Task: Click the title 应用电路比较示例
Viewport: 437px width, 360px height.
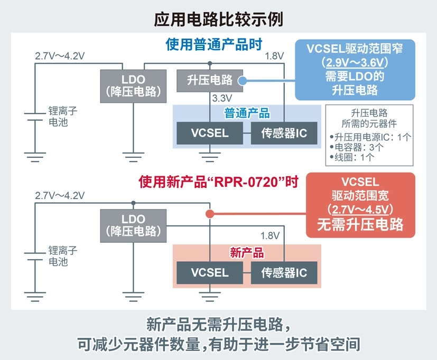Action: pos(218,19)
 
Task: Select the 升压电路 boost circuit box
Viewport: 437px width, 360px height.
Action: pos(210,80)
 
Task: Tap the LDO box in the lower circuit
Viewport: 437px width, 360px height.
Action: pos(133,225)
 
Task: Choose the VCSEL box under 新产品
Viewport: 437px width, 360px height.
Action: pos(210,273)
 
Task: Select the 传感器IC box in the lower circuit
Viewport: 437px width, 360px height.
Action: pos(284,273)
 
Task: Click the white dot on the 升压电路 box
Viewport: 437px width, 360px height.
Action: pos(242,81)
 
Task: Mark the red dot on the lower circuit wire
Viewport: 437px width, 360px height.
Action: pos(209,214)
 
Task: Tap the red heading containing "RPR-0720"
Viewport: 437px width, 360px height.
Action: pos(219,183)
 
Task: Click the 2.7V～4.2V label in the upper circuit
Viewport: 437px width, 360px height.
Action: pos(59,56)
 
